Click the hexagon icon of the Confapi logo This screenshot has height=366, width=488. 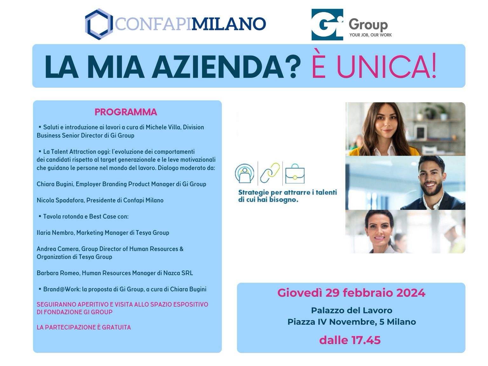[99, 24]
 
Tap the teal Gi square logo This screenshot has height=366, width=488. [327, 24]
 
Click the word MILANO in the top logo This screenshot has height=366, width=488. [228, 24]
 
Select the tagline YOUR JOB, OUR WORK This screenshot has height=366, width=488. [370, 35]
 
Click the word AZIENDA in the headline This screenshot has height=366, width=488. [217, 67]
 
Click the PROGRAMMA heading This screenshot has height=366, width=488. [126, 112]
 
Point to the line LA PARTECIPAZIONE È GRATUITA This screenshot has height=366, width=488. [84, 327]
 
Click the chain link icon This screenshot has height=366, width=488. [270, 173]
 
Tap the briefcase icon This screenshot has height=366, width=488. [295, 174]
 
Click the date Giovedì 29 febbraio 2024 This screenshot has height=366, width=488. [351, 293]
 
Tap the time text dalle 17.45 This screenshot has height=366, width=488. [350, 340]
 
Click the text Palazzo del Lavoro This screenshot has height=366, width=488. [352, 310]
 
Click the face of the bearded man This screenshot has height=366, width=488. [430, 179]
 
